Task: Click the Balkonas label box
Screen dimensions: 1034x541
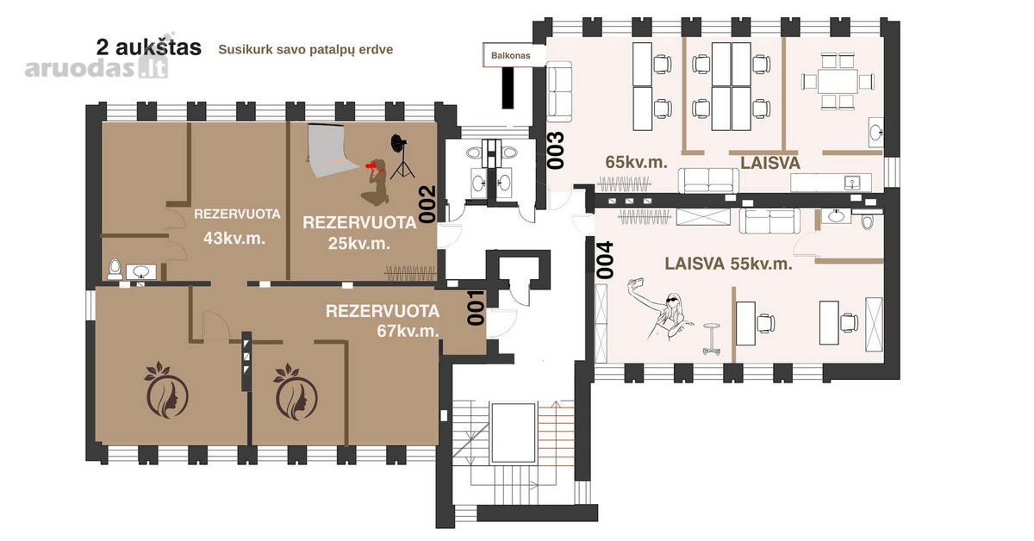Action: (x=510, y=55)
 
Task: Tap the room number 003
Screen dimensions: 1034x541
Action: (x=556, y=151)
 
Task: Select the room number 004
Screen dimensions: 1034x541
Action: (x=605, y=260)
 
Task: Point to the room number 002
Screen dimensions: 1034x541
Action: (x=428, y=204)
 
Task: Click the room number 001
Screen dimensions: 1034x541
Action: (x=476, y=308)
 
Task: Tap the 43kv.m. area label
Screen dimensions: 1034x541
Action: (x=234, y=239)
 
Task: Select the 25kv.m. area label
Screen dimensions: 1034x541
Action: (x=359, y=243)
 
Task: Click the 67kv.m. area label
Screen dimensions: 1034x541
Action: (x=408, y=331)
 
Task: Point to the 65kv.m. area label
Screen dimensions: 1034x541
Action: (x=636, y=162)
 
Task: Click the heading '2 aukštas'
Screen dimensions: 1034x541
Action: (x=148, y=47)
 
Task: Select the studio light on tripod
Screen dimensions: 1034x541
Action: (x=401, y=157)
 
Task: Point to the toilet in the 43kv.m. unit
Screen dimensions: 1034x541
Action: (x=115, y=270)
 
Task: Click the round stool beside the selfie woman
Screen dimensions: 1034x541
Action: (x=712, y=339)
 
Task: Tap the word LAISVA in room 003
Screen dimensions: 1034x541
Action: (x=770, y=163)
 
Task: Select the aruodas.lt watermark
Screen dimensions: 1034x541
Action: (x=97, y=68)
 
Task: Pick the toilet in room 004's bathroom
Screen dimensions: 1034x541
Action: (x=868, y=220)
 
